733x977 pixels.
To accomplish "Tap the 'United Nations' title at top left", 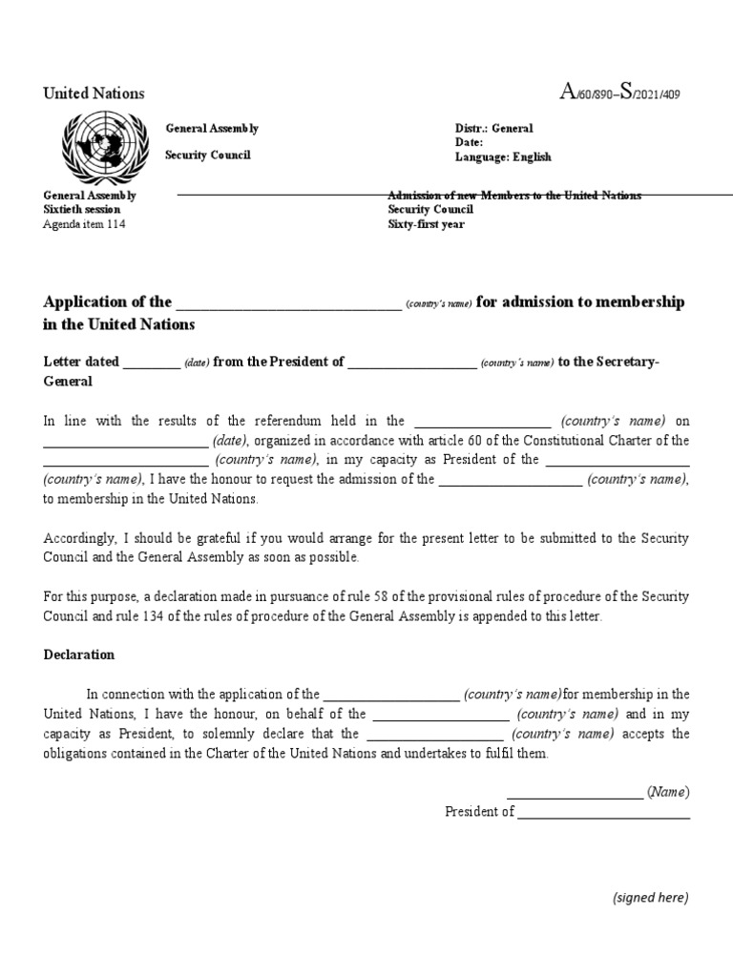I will pos(94,94).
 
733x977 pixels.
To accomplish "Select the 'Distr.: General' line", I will pos(493,129).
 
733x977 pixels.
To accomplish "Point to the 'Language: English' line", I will pos(503,157).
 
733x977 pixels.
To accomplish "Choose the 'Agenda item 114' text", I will pos(84,224).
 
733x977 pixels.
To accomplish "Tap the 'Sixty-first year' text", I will pos(426,224).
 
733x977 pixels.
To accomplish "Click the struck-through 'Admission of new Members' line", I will pos(514,196).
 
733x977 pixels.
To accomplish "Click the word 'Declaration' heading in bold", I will pos(79,655).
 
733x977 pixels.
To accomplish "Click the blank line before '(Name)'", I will pos(575,797).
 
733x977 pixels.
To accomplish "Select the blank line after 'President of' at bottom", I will pos(603,817).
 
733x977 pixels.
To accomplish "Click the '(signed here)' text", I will pos(650,897).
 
